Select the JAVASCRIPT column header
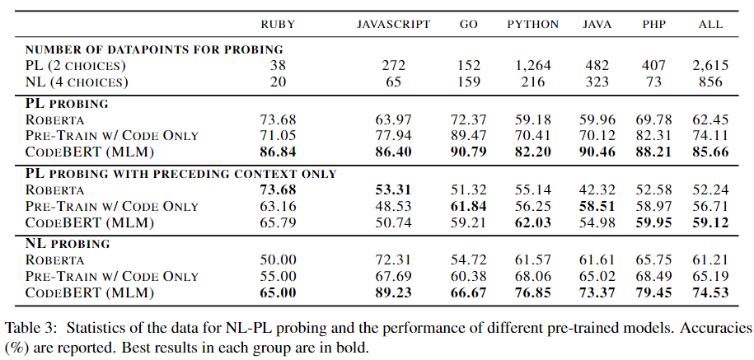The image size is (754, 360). coord(393,25)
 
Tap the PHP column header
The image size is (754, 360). coord(654,25)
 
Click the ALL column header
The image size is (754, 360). coord(710,25)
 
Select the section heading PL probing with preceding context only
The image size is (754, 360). coord(181,174)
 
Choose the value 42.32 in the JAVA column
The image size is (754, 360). coord(597,189)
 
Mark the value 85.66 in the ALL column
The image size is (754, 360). coord(710,152)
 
